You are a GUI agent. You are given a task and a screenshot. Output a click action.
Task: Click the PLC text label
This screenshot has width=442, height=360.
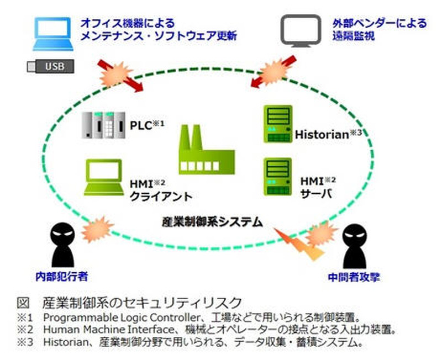click(141, 125)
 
